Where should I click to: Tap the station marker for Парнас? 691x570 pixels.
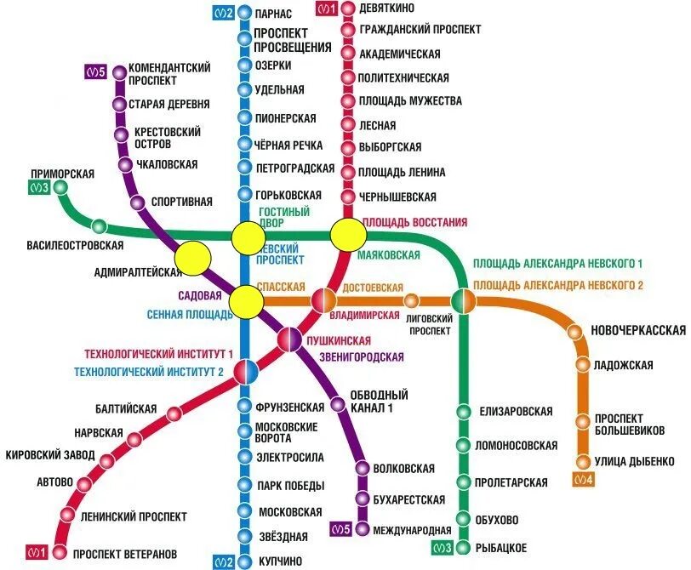point(244,13)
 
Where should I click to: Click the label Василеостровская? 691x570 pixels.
point(75,246)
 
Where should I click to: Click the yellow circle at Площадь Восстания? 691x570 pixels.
point(347,234)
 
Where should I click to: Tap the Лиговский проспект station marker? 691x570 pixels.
point(412,300)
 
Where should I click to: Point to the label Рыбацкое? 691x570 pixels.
point(502,547)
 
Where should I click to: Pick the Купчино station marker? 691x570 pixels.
point(244,561)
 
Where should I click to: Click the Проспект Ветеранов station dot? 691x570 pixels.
point(57,555)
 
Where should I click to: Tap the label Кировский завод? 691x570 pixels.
point(50,455)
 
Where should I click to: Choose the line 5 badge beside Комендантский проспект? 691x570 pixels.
point(94,72)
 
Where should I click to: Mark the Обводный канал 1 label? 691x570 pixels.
point(380,402)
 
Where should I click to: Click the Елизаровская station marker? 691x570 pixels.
point(463,412)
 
